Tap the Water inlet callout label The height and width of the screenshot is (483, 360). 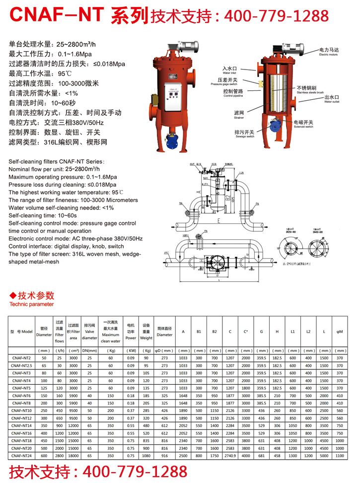(x=229, y=70)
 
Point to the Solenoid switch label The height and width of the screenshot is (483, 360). (x=302, y=124)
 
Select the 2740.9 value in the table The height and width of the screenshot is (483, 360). (x=230, y=455)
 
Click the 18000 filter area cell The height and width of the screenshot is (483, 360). (x=73, y=455)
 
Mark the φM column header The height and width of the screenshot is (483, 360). (x=340, y=331)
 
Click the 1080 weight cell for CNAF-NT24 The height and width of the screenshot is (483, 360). (x=146, y=455)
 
